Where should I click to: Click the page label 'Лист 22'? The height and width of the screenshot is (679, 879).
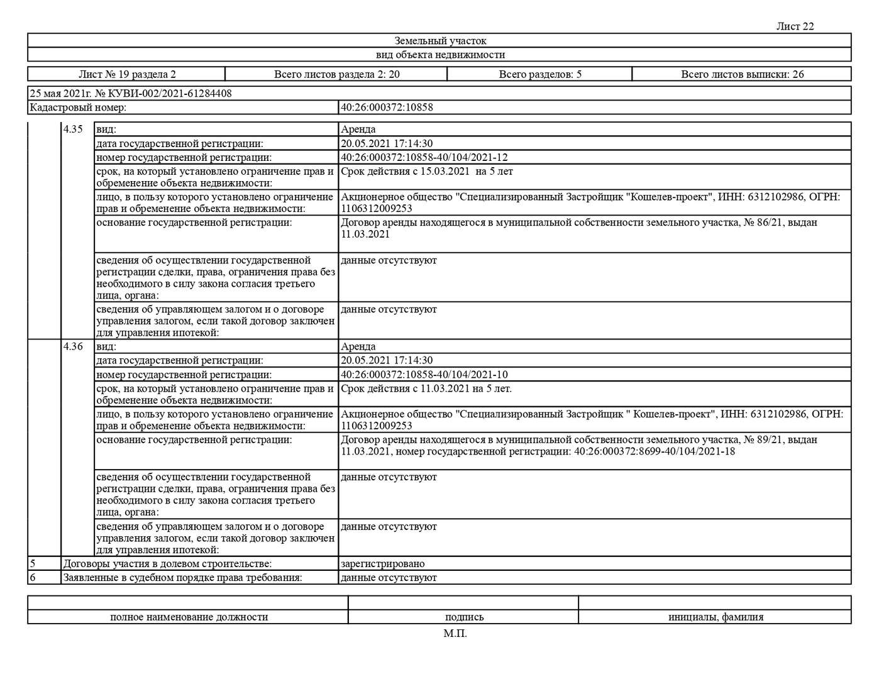(x=795, y=26)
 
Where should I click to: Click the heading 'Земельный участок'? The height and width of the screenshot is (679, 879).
(x=440, y=41)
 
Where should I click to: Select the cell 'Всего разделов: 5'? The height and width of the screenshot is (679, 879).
(x=539, y=74)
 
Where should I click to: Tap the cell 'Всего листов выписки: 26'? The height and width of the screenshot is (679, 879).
(x=742, y=74)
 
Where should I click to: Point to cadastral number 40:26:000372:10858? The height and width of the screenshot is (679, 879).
(x=387, y=107)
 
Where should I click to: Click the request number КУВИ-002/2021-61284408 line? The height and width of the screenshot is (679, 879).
(x=131, y=94)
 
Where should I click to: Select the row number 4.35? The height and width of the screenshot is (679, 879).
(x=73, y=130)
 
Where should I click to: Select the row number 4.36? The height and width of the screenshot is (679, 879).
(x=73, y=346)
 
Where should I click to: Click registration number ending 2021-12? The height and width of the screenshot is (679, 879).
(x=424, y=157)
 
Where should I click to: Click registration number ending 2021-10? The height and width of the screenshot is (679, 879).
(x=424, y=375)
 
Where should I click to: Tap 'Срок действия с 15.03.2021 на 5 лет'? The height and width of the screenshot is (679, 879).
(x=426, y=171)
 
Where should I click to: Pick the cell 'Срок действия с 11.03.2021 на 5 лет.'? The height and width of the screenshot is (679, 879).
(x=426, y=389)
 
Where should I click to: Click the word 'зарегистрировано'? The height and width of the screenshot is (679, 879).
(x=382, y=564)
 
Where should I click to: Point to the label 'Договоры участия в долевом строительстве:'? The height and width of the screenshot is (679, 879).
(x=167, y=564)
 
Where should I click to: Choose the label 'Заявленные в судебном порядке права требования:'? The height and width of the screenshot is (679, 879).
(x=182, y=577)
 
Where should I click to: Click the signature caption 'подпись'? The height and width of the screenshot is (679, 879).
(x=464, y=617)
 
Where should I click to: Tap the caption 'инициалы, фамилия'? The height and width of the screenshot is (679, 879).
(x=716, y=617)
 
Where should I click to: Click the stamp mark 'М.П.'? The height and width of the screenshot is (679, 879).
(x=455, y=633)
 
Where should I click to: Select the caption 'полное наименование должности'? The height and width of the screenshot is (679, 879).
(x=189, y=617)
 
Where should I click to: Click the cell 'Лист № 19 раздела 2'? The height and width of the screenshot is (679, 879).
(x=127, y=74)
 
